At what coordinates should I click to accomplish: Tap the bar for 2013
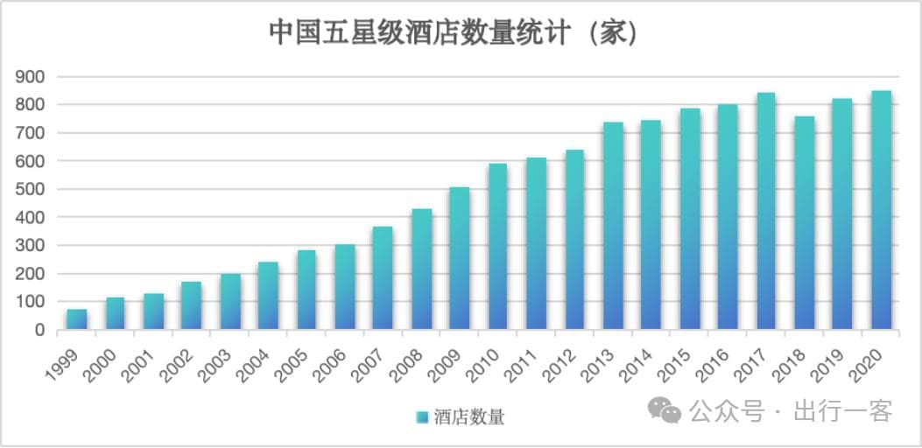pos(613,226)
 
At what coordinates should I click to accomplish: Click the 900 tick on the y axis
pos(31,77)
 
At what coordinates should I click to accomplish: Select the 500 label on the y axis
pos(31,189)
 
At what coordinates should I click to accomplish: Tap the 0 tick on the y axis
pos(39,330)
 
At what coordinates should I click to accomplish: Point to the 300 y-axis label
pos(31,246)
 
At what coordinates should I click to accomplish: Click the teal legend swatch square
pos(422,416)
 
